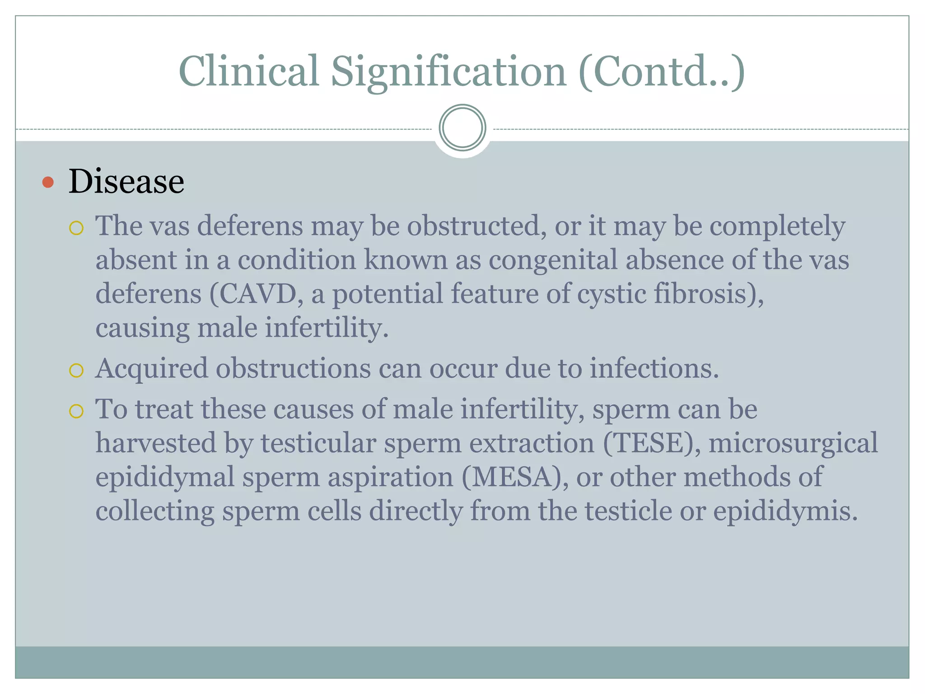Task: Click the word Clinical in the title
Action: coord(249,71)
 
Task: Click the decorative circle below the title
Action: coord(462,128)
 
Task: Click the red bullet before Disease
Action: coord(48,183)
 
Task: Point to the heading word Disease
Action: coord(126,182)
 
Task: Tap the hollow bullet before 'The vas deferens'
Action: coord(76,228)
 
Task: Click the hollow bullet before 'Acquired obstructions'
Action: coord(76,371)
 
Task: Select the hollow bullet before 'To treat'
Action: coord(76,412)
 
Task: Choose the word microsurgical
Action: coord(793,443)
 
